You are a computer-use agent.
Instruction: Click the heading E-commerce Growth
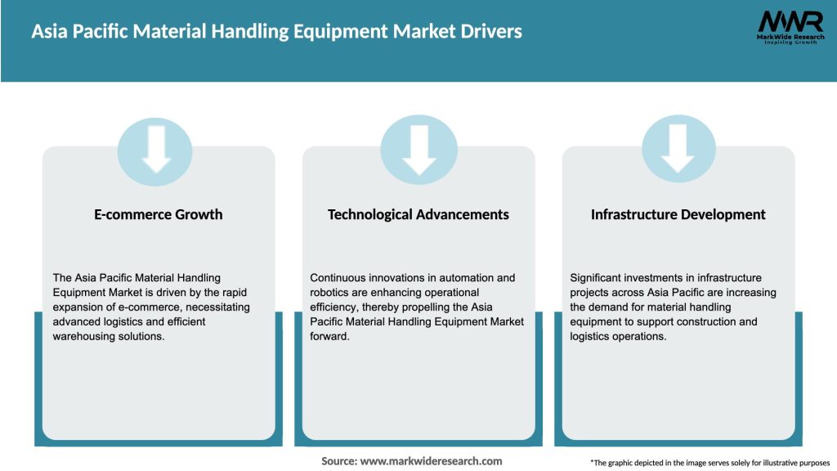[159, 214]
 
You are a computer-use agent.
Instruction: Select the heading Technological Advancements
[418, 214]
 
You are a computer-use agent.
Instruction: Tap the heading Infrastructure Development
[678, 214]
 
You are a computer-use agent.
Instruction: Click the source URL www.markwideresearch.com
[432, 461]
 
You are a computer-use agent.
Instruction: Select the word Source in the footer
[338, 461]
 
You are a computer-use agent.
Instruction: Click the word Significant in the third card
[599, 278]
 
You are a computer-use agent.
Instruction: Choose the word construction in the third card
[715, 322]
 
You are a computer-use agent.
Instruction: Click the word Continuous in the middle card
[339, 278]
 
